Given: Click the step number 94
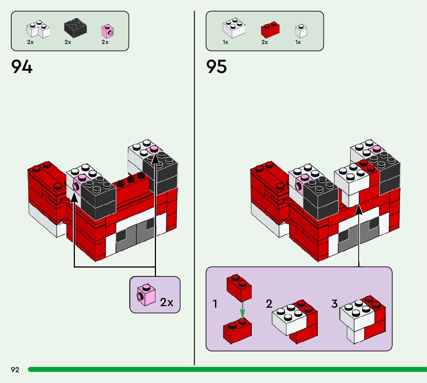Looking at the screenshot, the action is tap(22, 66).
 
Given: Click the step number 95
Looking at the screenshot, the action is tap(217, 66).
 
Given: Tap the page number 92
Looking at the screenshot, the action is tap(15, 370).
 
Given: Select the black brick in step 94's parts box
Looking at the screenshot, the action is tap(75, 28).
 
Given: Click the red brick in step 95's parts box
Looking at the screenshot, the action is tap(270, 29).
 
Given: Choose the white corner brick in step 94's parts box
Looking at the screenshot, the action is tap(38, 29).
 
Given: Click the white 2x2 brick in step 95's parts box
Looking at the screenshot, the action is tap(234, 28).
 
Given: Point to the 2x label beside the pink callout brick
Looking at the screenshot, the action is tap(167, 302).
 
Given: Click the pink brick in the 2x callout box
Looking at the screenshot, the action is tap(146, 295).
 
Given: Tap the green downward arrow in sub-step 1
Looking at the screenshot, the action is tap(242, 310).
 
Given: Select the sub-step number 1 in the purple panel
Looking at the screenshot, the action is tap(215, 304).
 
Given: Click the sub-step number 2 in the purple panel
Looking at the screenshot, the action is tap(269, 304).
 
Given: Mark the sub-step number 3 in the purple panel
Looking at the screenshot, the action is tap(334, 304).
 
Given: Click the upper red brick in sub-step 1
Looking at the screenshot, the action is tap(239, 287).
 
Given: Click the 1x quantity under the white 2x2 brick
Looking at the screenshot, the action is tap(225, 42).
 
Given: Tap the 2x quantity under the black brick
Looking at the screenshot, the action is tap(68, 42).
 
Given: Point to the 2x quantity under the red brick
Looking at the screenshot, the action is tap(264, 42).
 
